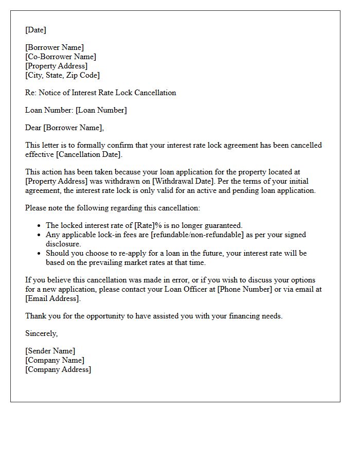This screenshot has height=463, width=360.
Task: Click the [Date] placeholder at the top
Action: (35, 30)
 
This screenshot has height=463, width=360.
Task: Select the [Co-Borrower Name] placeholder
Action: (61, 57)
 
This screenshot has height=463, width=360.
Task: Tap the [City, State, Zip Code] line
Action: (62, 75)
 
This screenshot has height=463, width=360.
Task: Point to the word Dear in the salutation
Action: (33, 128)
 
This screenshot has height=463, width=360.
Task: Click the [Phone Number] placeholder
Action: (243, 289)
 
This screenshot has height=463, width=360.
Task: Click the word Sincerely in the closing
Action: (41, 333)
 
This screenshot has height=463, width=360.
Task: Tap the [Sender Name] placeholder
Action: (50, 351)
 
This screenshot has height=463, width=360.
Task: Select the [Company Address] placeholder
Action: (58, 369)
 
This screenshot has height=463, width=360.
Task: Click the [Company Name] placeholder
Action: (55, 360)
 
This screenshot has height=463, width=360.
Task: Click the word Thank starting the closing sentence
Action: (36, 316)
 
